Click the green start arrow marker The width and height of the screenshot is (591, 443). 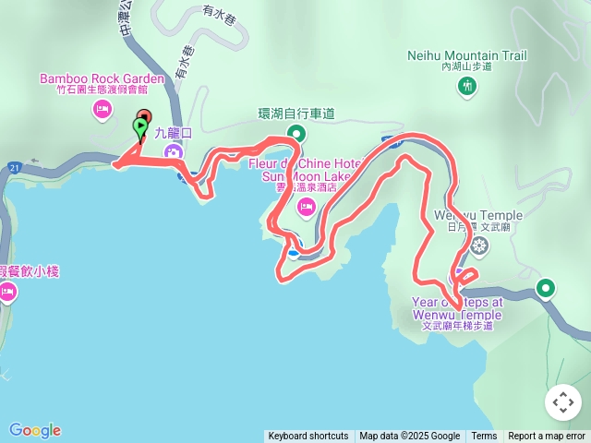tap(140, 129)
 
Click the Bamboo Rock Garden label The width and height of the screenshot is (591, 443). tap(102, 78)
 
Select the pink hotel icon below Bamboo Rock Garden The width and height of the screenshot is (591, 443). tap(102, 111)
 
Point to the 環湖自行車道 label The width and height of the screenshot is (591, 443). tap(295, 114)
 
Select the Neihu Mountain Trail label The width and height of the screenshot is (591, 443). tap(467, 55)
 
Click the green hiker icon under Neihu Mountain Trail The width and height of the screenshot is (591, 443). tap(467, 87)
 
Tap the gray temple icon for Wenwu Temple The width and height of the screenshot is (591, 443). tap(479, 245)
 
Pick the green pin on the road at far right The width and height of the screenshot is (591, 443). tap(547, 289)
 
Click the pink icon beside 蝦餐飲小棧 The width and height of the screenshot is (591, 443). tap(7, 293)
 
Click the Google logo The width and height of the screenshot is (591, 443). tap(35, 430)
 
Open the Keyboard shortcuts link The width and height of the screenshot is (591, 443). tap(308, 437)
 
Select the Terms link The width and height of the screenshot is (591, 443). tap(484, 437)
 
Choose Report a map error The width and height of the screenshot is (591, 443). tap(547, 437)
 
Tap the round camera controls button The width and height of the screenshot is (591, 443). tap(563, 402)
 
